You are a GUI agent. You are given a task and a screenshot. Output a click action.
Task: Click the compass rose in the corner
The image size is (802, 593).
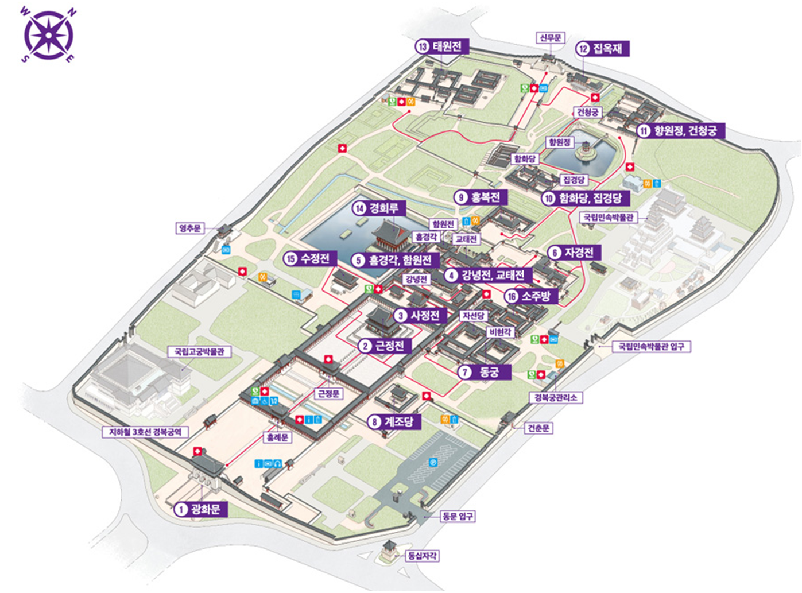(x=48, y=35)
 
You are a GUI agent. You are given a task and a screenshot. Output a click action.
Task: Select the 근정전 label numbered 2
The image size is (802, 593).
(x=383, y=346)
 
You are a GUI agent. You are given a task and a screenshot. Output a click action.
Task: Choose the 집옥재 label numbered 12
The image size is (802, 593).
(x=602, y=48)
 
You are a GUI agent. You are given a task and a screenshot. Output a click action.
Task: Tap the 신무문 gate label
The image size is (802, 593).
(x=550, y=38)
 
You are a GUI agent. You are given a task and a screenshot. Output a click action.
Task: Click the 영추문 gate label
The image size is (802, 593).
(x=190, y=228)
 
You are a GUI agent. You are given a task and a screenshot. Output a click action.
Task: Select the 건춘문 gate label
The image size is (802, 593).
(x=538, y=428)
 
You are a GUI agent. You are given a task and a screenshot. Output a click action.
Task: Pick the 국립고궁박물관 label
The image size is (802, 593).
(x=199, y=351)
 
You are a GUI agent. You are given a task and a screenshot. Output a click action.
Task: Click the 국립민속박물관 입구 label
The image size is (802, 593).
(x=651, y=347)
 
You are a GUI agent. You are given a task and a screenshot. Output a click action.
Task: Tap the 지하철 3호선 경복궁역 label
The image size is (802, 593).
(x=145, y=432)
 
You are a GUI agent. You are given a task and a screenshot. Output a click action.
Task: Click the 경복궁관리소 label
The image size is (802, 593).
(x=556, y=397)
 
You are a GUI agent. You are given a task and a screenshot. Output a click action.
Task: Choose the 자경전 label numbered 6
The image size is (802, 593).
(x=574, y=253)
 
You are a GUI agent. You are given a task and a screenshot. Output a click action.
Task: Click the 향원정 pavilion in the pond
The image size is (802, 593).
(x=586, y=150)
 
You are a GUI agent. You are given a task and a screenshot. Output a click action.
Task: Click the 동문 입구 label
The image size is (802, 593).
(x=457, y=516)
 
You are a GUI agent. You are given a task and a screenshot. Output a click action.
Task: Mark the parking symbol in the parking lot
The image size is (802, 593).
(x=433, y=462)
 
